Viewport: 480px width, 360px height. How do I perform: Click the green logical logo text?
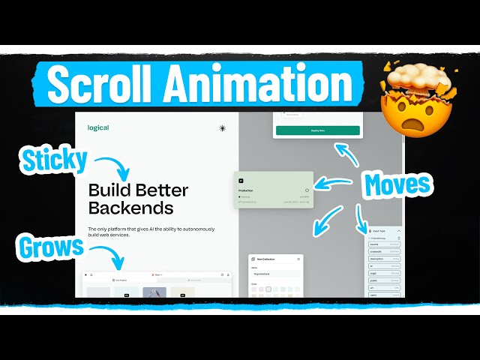pyautogui.click(x=97, y=127)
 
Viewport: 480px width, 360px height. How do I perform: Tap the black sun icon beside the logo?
pyautogui.click(x=222, y=128)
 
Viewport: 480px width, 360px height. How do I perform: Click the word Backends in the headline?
pyautogui.click(x=130, y=208)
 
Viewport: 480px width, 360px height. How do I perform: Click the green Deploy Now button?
pyautogui.click(x=317, y=130)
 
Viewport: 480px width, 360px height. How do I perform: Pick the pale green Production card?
pyautogui.click(x=273, y=190)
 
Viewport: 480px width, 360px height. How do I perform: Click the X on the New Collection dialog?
pyautogui.click(x=298, y=259)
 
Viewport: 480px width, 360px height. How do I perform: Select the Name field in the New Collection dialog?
pyautogui.click(x=274, y=274)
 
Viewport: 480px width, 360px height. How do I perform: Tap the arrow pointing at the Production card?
pyautogui.click(x=334, y=181)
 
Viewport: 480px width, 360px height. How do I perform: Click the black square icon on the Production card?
pyautogui.click(x=241, y=181)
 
